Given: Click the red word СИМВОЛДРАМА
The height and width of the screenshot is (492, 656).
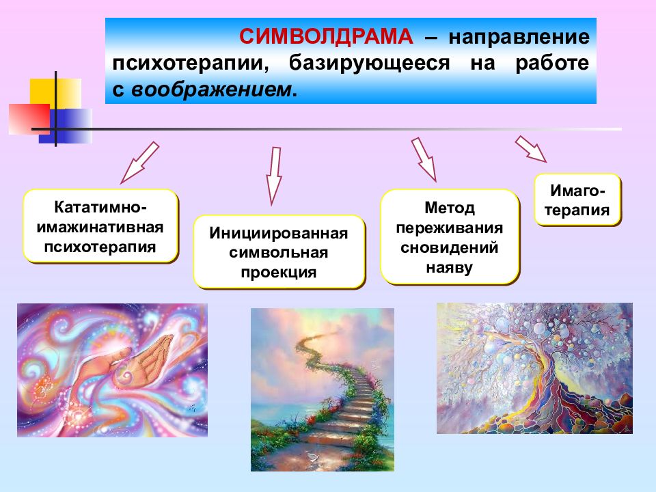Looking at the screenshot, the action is [x=326, y=36].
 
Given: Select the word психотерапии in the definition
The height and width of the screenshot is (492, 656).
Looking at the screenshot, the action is [x=191, y=64].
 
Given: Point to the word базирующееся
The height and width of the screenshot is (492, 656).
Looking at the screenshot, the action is [x=370, y=64].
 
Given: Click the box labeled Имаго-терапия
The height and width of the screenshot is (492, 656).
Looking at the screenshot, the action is [x=577, y=200].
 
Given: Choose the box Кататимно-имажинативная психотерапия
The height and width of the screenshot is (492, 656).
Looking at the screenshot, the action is [x=100, y=226].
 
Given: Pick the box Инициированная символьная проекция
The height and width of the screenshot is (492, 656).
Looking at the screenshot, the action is [x=279, y=252].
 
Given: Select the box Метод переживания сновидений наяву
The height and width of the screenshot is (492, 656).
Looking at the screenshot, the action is [x=450, y=237].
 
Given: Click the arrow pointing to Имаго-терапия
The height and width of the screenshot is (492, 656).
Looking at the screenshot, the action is [x=530, y=148].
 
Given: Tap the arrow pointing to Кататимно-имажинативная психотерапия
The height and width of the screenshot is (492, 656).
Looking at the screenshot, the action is [x=139, y=163].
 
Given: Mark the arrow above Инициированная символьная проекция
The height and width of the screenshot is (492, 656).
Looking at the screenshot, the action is [x=274, y=176].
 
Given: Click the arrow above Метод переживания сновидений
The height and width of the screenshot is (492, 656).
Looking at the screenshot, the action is [x=424, y=159].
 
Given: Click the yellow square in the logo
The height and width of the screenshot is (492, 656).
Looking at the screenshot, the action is [x=55, y=94].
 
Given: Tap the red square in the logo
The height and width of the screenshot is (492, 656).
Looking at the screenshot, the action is [x=29, y=119].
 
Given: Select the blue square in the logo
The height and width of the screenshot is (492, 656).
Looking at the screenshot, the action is [x=66, y=126].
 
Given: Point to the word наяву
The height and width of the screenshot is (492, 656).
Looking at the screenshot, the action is [x=450, y=267].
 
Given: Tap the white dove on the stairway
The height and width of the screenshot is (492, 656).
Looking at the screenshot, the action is [x=312, y=456].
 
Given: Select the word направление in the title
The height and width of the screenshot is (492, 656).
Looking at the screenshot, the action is [x=519, y=37].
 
